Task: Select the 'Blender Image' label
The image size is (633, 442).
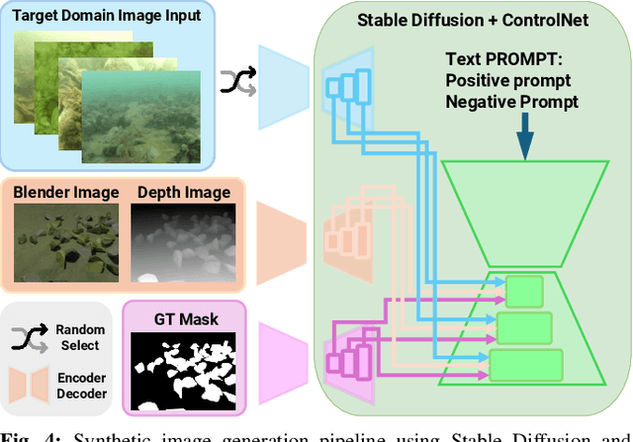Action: pos(65,192)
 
